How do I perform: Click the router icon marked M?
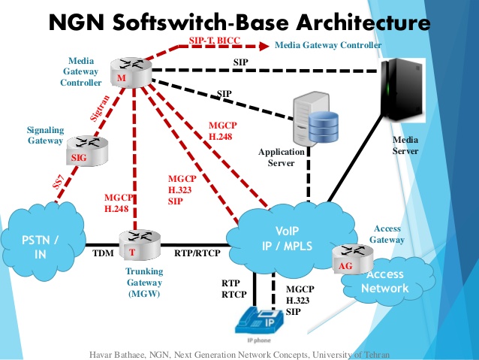[x=120, y=74]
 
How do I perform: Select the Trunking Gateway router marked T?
[x=131, y=244]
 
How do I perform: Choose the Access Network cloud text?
[x=387, y=282]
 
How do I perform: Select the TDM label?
[x=103, y=253]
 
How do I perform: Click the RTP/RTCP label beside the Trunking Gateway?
[x=197, y=253]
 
